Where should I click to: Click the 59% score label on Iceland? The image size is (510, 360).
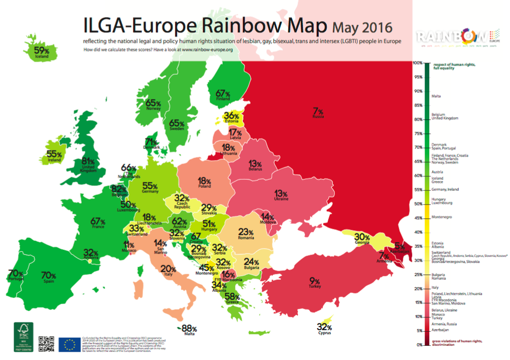click(41, 50)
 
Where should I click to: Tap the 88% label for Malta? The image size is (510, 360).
click(189, 328)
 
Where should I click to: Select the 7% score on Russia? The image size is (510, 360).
click(318, 111)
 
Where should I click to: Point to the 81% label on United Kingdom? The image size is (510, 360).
click(88, 162)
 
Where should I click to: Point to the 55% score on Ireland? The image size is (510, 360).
click(54, 154)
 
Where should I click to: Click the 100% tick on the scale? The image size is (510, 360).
click(418, 63)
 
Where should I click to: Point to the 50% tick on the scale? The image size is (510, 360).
click(419, 204)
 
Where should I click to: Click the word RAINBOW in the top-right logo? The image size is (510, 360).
click(451, 36)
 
